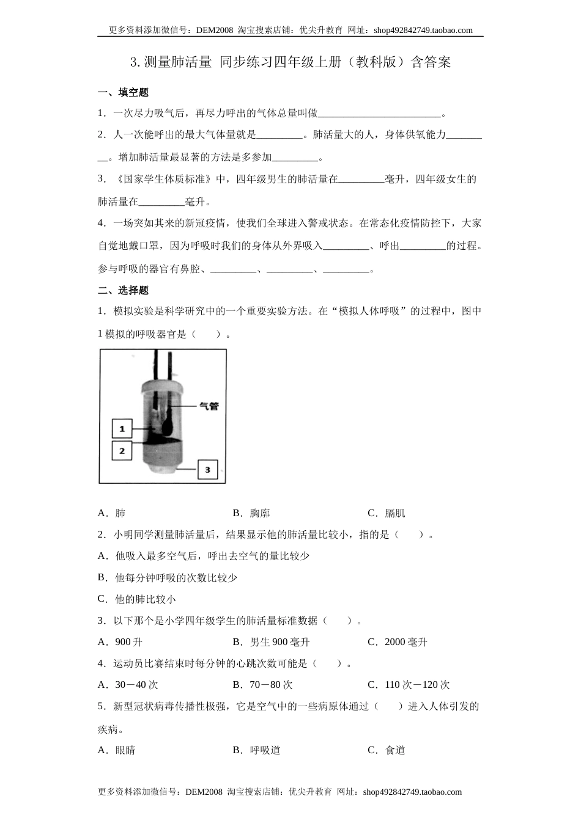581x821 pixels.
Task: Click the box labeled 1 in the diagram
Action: (122, 428)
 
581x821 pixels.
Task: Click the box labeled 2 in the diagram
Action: (122, 451)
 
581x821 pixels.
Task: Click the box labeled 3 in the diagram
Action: (207, 469)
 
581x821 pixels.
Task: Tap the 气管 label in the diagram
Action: (209, 406)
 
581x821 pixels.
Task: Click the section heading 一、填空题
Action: (123, 93)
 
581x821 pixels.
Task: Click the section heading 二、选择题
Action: (123, 290)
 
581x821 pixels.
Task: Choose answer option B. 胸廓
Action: (251, 513)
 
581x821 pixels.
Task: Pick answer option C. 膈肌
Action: (387, 513)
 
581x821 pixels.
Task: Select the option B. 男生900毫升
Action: (272, 642)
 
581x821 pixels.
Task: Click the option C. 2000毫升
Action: (398, 642)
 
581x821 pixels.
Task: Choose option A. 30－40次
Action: (128, 685)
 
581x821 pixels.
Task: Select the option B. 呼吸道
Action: (257, 750)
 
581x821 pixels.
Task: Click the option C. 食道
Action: (387, 750)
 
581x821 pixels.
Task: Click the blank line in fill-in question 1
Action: (379, 114)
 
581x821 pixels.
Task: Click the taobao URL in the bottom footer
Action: (412, 792)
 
